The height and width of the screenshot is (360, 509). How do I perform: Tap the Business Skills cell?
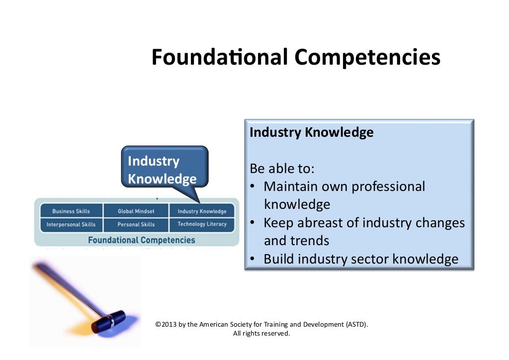coord(71,211)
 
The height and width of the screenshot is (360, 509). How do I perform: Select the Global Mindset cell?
coord(136,211)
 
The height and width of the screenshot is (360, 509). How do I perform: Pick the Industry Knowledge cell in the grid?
coord(202,211)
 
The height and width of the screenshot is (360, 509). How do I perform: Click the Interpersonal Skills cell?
coord(71,224)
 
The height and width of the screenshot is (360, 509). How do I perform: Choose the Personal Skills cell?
coord(136,224)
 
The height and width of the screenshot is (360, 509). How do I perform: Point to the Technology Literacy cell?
coord(202,224)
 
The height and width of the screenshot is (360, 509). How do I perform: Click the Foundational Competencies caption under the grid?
coord(141,240)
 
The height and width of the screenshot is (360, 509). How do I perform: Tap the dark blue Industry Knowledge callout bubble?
coord(164,170)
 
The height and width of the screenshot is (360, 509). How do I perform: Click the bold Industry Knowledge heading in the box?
coord(311,133)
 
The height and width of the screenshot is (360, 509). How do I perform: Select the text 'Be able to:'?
coord(282,169)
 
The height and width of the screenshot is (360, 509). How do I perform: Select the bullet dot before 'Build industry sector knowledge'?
coord(253,259)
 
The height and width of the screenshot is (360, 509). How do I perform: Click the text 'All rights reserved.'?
coord(261,334)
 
